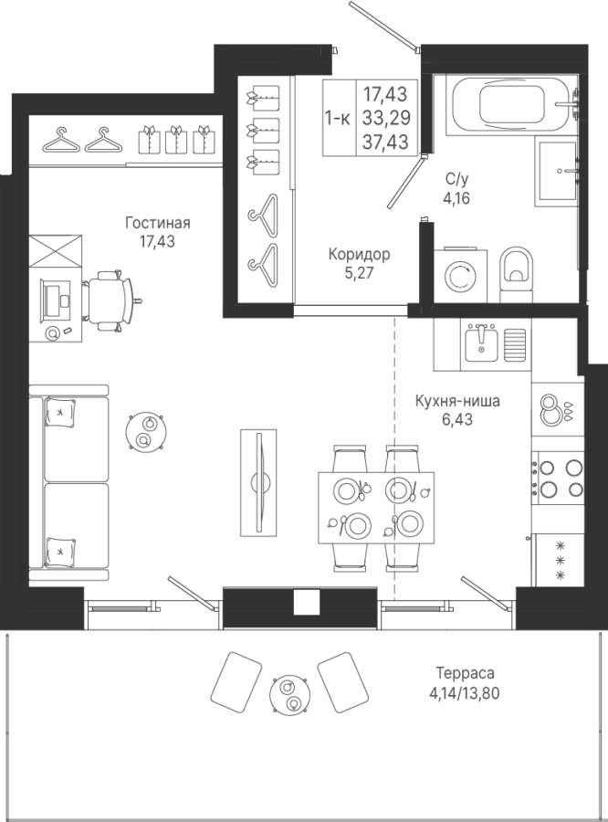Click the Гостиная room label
click(157, 224)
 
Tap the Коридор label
click(359, 255)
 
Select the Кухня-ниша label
click(457, 402)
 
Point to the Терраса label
click(465, 672)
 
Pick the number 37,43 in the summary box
click(386, 142)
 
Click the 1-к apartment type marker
click(338, 119)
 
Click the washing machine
click(460, 275)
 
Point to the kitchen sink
click(482, 342)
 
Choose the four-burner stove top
click(558, 478)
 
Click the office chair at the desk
click(111, 300)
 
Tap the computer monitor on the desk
click(54, 300)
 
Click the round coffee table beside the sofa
click(146, 431)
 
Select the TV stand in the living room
click(258, 483)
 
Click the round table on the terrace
click(289, 693)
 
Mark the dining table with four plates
click(376, 508)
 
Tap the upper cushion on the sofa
click(60, 412)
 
